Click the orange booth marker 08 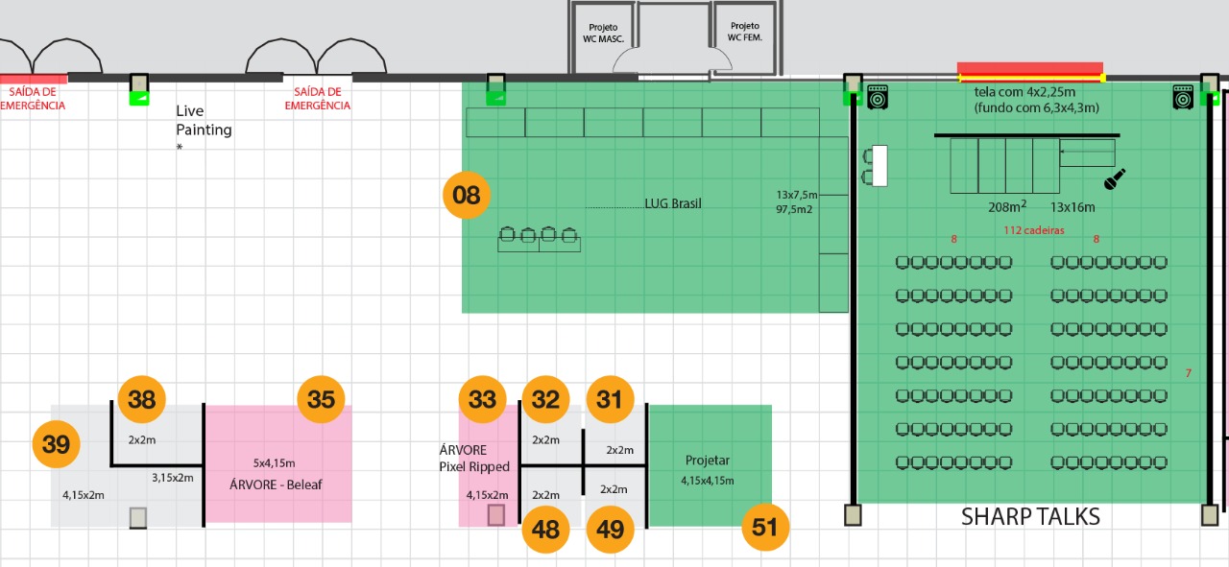(x=467, y=195)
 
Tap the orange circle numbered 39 (x=56, y=444)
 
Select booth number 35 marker (x=321, y=399)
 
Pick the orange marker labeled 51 (x=765, y=528)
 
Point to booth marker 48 (x=545, y=530)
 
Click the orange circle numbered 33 (x=482, y=399)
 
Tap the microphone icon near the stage (x=1115, y=179)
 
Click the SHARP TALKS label (x=1030, y=516)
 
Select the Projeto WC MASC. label (x=603, y=33)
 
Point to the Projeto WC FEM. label (x=744, y=32)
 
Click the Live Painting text (x=204, y=120)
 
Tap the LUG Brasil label (x=673, y=203)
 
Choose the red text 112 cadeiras (x=1034, y=230)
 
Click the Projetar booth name (x=708, y=461)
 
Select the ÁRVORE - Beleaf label (x=276, y=484)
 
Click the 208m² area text (x=1007, y=206)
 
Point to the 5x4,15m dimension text (x=274, y=463)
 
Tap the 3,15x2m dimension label (x=172, y=478)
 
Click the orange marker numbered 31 (x=610, y=399)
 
